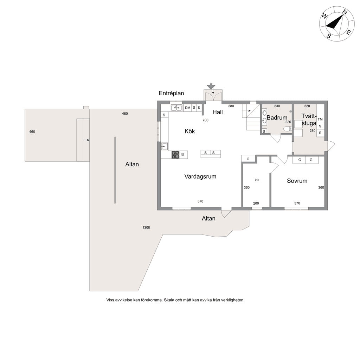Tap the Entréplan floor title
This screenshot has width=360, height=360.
pos(171,94)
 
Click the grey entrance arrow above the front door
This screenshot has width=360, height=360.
pos(211,86)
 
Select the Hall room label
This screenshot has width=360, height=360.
pos(217,112)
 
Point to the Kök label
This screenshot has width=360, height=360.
pos(189,131)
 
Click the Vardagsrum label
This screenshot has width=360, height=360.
pos(200,176)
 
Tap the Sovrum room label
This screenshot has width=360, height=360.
pos(297,181)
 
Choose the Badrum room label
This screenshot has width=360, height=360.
pos(277,117)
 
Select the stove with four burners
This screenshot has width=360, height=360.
pos(175,155)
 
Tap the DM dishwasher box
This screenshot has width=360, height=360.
pos(188,108)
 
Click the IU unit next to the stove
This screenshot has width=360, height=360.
pos(182,155)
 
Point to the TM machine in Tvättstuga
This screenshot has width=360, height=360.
pos(320,119)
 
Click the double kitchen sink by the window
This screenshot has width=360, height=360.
pos(176,108)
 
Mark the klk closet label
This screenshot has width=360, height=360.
pos(257,180)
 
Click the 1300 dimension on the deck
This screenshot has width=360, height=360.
pos(146,227)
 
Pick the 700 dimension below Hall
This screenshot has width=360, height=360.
pos(205,120)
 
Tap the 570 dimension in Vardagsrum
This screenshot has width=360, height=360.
pos(200,201)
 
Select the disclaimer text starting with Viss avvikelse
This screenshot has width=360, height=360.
pos(175,300)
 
